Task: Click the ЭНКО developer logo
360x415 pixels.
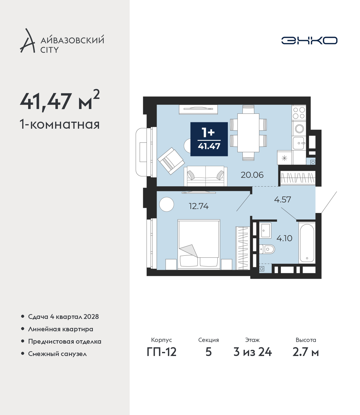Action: (x=309, y=40)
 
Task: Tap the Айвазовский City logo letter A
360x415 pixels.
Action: (x=28, y=41)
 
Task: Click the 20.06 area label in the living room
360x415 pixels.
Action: (x=252, y=175)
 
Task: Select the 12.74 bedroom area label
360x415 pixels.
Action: (x=199, y=206)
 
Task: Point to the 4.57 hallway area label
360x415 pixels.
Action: (x=283, y=199)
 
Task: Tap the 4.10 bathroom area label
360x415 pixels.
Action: (x=284, y=238)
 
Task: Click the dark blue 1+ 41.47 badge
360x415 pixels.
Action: (x=209, y=139)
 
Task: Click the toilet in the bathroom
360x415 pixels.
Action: (x=267, y=249)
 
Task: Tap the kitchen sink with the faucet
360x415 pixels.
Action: (x=299, y=143)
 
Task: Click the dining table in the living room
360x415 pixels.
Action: (x=248, y=133)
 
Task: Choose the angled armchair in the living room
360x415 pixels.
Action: (x=171, y=161)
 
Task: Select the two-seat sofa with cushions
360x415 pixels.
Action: (x=205, y=176)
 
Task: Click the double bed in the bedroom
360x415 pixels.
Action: (x=199, y=244)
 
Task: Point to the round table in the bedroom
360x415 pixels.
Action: (x=166, y=204)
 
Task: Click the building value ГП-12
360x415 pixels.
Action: (x=162, y=352)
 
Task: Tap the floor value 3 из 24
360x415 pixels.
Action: (x=253, y=352)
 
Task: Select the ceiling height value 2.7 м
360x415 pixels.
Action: (x=305, y=352)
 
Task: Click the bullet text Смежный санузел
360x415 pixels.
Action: (x=57, y=354)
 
